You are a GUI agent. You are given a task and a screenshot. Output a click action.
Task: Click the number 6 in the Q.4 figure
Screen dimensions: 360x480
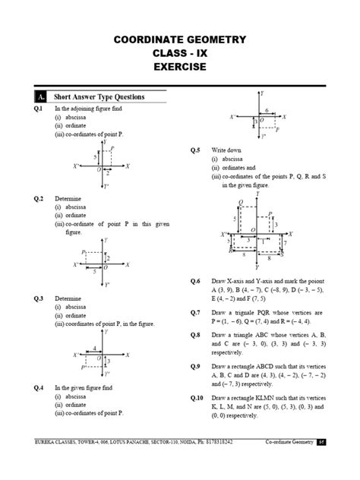click(x=267, y=110)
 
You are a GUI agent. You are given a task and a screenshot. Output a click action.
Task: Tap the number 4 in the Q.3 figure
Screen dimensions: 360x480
click(x=93, y=348)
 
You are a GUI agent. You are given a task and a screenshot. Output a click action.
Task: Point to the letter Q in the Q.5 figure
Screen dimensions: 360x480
click(x=241, y=202)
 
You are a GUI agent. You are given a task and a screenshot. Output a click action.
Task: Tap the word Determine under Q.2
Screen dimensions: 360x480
click(x=66, y=197)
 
